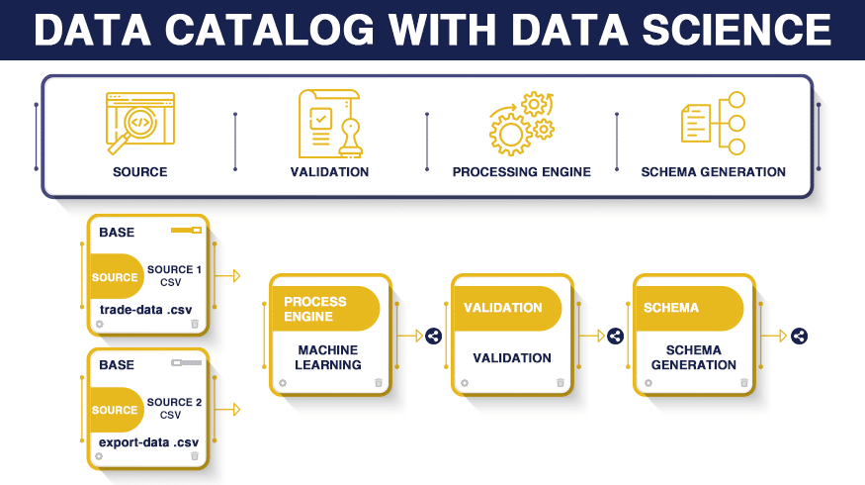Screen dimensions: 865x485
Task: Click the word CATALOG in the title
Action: click(x=270, y=30)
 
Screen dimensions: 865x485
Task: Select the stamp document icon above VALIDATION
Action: click(x=330, y=124)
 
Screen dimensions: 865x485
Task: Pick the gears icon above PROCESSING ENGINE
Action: click(x=521, y=123)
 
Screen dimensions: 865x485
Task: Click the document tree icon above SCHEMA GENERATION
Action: click(x=714, y=123)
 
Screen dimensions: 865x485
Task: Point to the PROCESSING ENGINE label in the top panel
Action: click(x=521, y=172)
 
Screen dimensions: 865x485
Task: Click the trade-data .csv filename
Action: click(x=145, y=310)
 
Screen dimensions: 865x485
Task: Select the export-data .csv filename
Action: click(x=148, y=442)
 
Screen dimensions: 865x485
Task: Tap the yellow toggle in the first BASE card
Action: click(x=187, y=230)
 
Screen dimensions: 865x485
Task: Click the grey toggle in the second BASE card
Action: click(x=187, y=363)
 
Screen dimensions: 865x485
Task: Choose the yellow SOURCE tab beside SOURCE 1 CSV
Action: click(x=116, y=277)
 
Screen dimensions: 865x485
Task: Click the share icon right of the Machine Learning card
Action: click(x=434, y=336)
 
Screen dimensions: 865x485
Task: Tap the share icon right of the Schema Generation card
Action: click(x=800, y=336)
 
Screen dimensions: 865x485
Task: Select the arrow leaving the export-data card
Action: click(x=227, y=410)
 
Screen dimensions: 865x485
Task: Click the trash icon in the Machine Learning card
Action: click(x=379, y=382)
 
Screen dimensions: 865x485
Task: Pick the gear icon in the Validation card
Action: click(x=465, y=383)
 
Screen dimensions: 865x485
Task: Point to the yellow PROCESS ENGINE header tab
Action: click(x=325, y=309)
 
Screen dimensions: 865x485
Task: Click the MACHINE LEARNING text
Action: click(x=328, y=357)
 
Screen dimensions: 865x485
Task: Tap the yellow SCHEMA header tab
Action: click(x=690, y=308)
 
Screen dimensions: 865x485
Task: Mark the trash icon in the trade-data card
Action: click(x=195, y=324)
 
